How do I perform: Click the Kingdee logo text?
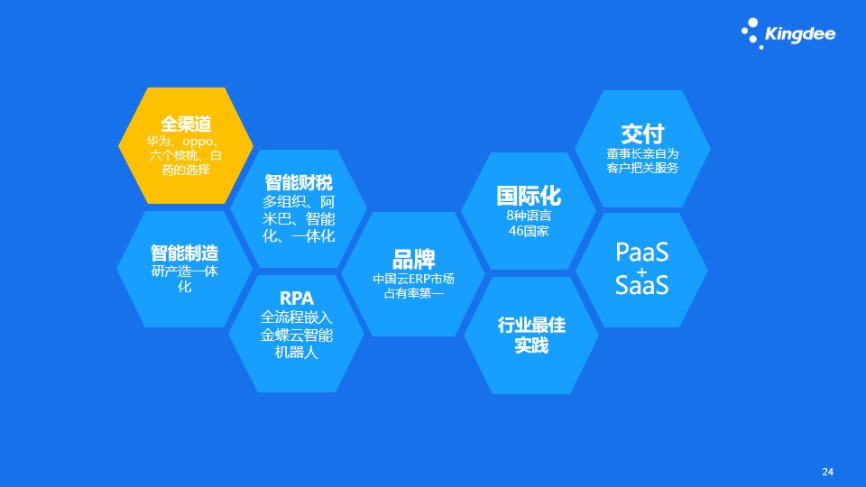point(800,34)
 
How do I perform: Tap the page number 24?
point(827,472)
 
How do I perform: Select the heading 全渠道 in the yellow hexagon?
point(186,124)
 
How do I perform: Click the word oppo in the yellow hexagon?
point(198,142)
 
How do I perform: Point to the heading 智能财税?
point(299,183)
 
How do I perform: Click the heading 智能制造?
point(184,253)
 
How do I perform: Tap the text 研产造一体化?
point(184,279)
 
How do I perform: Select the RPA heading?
point(297,299)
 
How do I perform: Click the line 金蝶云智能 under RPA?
point(297,335)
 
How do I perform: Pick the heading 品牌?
point(414,259)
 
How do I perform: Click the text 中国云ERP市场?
point(414,279)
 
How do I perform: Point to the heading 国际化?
point(529,196)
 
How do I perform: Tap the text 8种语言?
point(529,216)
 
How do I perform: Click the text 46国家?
point(529,231)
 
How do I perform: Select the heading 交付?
point(642,134)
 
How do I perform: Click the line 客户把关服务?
point(642,168)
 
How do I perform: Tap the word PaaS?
point(641,253)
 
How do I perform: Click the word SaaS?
point(641,285)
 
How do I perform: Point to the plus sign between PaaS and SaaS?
point(641,271)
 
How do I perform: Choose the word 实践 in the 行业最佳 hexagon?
point(531,345)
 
